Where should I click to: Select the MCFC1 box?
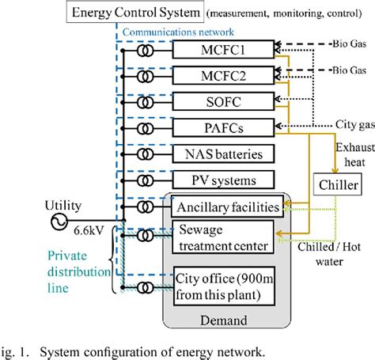coord(224,49)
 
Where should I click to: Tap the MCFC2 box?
coord(224,75)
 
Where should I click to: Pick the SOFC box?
coord(224,101)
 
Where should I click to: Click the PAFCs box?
coord(224,127)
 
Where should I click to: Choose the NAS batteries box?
coord(224,153)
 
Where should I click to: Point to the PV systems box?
coord(224,180)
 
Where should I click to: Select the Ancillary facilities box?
coord(225,207)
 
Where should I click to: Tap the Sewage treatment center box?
coord(224,237)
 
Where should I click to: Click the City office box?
coord(224,286)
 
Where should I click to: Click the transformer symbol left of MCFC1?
coord(145,50)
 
